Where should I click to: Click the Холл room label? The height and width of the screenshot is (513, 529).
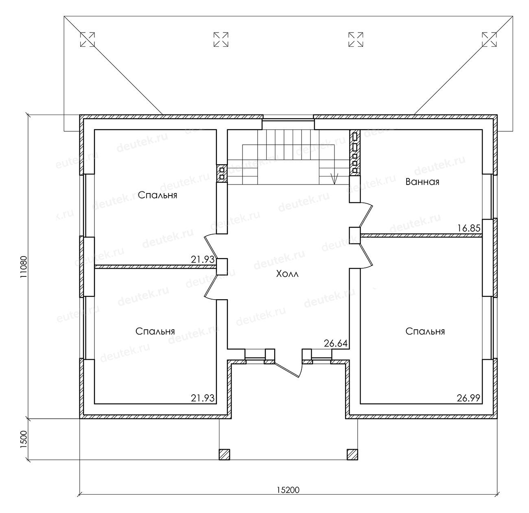[287, 274]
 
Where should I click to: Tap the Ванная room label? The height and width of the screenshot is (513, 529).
[422, 182]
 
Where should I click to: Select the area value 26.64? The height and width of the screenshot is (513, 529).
[336, 343]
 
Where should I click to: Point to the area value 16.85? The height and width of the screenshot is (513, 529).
[469, 228]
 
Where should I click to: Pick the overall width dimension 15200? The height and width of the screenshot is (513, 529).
[288, 490]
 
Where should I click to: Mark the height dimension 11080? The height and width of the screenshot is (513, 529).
[23, 267]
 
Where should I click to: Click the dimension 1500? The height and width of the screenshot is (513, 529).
[23, 439]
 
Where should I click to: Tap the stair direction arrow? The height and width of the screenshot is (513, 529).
[334, 178]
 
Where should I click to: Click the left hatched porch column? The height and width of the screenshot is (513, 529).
[224, 454]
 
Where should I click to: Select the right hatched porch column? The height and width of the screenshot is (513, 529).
[352, 454]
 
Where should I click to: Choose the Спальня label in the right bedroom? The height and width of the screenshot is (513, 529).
[425, 331]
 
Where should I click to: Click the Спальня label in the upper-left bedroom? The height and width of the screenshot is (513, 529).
[157, 195]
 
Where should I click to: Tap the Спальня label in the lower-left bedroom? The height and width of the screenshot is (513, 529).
[155, 331]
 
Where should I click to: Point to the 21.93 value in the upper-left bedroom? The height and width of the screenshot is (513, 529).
[203, 260]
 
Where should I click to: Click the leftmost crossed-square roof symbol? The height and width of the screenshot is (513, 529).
[87, 39]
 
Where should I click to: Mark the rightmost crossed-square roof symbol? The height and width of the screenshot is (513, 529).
[489, 39]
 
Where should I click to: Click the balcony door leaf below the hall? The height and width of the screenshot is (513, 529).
[287, 370]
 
